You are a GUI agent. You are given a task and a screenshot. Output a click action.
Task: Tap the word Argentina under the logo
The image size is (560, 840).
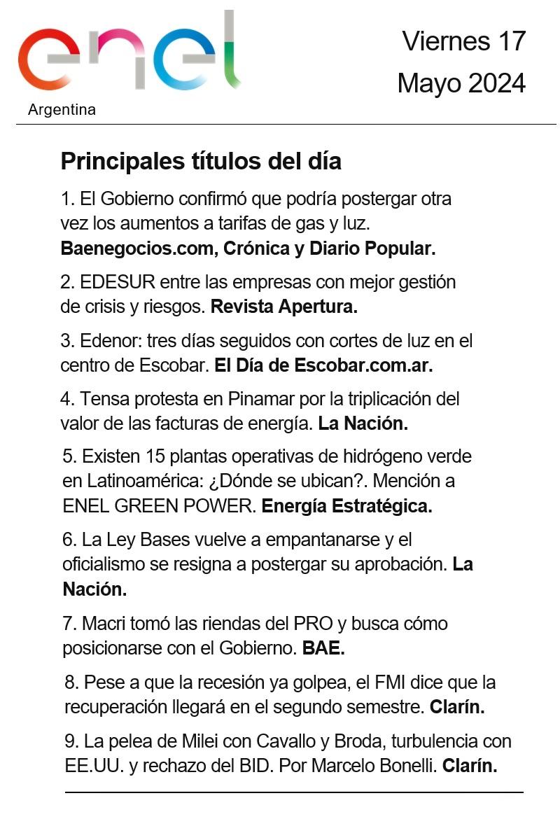62,110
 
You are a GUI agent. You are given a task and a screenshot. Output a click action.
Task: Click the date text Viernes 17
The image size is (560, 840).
463,41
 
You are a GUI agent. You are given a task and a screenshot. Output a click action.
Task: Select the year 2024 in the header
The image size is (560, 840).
497,83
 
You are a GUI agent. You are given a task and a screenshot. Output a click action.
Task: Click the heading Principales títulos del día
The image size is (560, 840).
201,161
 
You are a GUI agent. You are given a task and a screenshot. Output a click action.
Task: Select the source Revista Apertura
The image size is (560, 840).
284,307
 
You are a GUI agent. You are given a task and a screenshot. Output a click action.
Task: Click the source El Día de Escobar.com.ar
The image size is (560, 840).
323,365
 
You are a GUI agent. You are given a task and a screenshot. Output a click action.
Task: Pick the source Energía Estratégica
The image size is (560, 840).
346,506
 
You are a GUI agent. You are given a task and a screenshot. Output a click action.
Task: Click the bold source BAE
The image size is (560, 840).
323,648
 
